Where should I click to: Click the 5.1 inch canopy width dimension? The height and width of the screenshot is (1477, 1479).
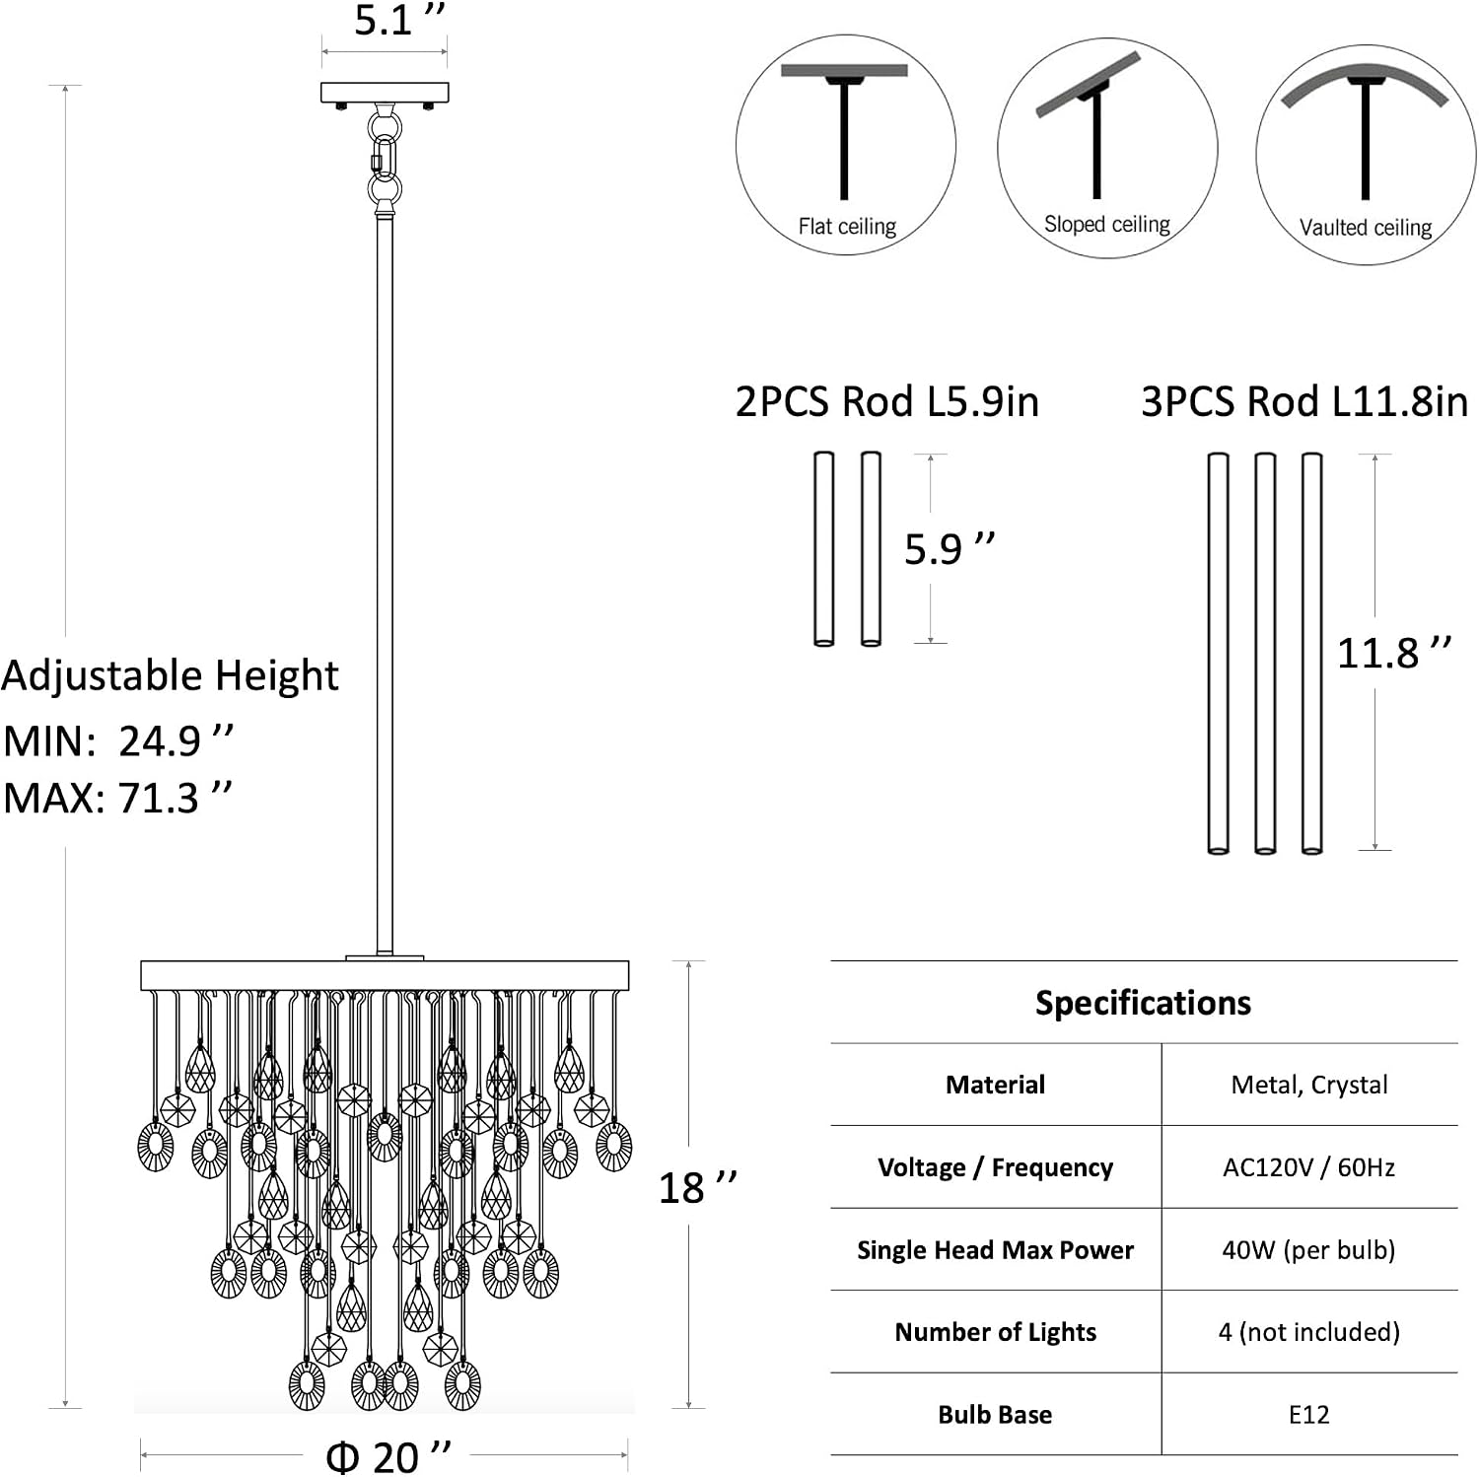tap(399, 20)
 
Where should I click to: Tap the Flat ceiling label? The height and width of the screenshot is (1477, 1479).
tap(847, 227)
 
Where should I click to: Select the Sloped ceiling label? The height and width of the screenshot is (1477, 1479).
tap(1107, 225)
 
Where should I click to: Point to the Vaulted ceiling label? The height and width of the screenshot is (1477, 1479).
tap(1366, 228)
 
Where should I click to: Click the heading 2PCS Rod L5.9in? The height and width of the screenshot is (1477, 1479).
tap(887, 402)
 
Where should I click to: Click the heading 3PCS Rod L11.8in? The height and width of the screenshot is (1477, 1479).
tap(1304, 402)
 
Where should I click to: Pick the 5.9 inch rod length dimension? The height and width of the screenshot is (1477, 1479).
tap(950, 548)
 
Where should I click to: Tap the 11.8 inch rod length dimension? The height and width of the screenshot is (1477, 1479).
tap(1394, 653)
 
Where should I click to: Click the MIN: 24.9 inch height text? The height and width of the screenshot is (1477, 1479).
tap(119, 740)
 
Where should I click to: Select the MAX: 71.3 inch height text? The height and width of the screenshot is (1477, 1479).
tap(118, 798)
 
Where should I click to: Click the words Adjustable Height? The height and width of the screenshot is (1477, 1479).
tap(170, 676)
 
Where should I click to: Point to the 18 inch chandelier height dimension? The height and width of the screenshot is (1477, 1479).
tap(698, 1187)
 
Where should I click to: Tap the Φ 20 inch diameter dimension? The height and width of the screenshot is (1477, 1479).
tap(388, 1456)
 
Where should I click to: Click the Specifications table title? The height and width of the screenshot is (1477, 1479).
tap(1143, 1003)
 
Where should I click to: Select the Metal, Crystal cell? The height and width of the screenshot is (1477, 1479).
tap(1309, 1085)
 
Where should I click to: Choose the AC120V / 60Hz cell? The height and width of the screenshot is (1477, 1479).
tap(1309, 1167)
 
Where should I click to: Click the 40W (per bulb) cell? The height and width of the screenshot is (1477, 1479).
tap(1309, 1250)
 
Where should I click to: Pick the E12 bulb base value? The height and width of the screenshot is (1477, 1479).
tap(1309, 1415)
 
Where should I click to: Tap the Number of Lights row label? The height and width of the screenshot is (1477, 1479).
tap(995, 1332)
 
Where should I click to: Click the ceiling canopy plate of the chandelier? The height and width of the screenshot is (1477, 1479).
tap(385, 94)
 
